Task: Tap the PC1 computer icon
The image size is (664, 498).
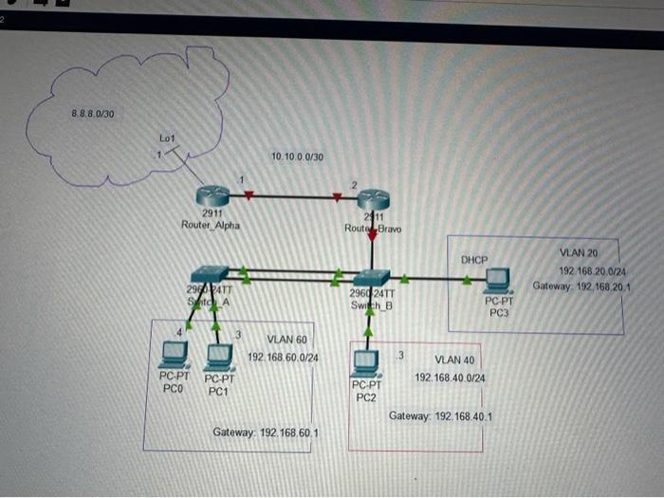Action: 219,357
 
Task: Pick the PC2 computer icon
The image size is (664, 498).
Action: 366,363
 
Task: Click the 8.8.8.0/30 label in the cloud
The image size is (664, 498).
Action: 93,114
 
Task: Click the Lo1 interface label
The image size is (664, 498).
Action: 167,139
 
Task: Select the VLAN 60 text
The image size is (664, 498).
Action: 286,339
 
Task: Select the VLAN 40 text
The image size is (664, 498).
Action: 453,360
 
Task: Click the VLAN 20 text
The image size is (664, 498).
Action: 579,253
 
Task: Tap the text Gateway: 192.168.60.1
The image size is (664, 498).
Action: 266,433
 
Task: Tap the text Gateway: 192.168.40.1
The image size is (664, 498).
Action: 440,416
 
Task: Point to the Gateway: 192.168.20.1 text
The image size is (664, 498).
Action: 582,286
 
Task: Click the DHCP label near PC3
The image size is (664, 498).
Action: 474,259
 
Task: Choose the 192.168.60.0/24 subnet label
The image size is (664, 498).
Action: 283,358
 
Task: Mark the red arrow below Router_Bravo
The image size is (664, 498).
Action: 372,237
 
